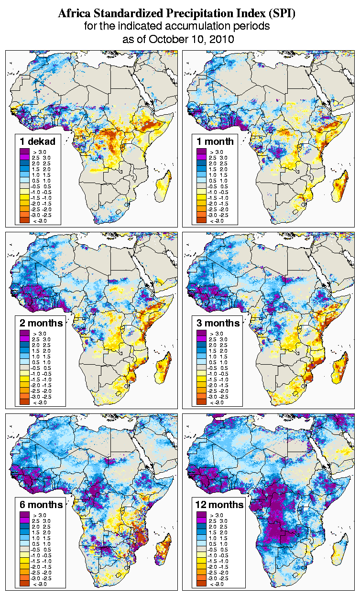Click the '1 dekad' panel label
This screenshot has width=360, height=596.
tap(38, 141)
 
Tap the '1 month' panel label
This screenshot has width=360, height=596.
tap(216, 141)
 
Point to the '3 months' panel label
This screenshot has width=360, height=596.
tap(218, 323)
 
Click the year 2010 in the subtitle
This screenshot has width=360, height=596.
tap(222, 39)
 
